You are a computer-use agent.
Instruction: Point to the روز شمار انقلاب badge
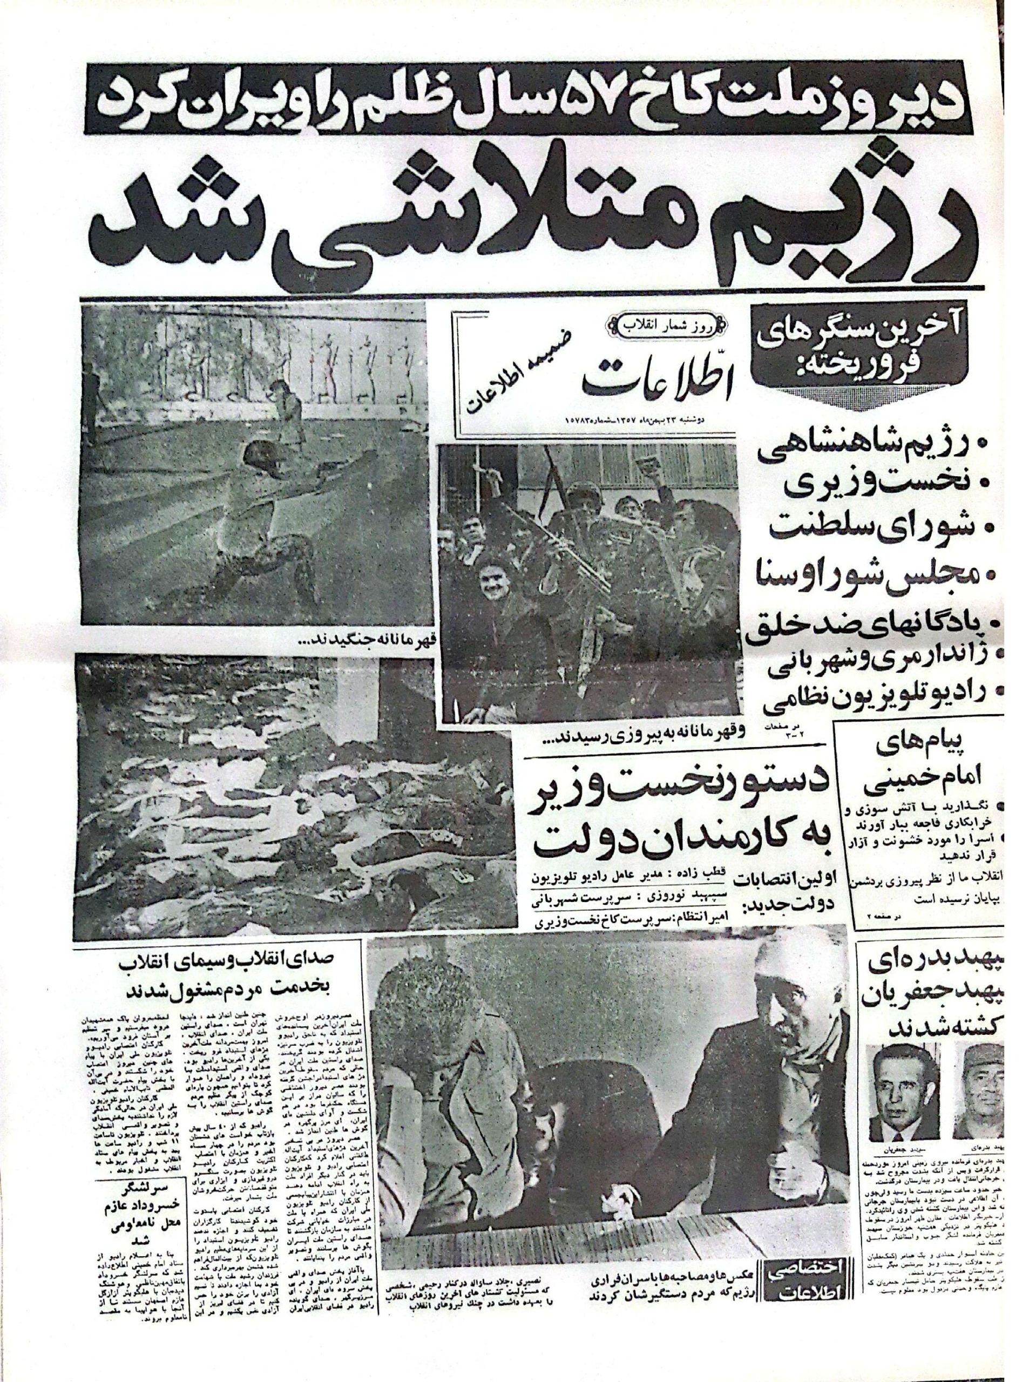click(x=664, y=325)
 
